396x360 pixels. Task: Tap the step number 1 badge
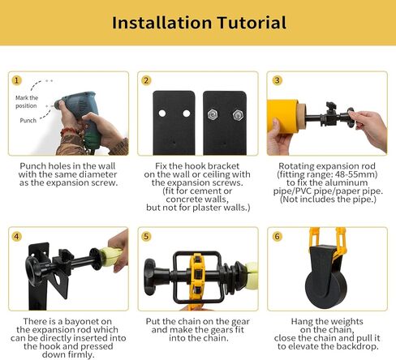16,80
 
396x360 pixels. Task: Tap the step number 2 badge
146,80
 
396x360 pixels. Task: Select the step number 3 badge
276,80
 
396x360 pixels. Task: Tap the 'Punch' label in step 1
28,121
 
